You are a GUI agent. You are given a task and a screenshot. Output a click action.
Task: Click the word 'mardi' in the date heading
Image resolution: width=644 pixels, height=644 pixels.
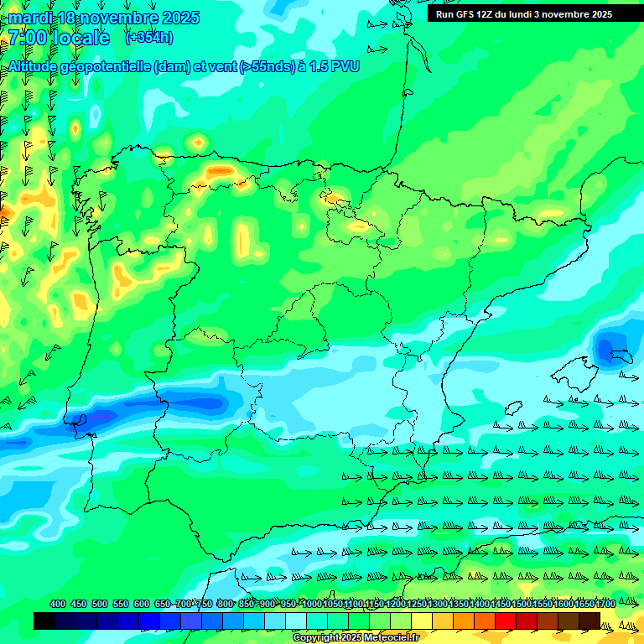coord(30,18)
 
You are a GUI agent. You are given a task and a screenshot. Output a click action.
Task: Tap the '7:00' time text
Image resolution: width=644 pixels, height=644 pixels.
coord(27,38)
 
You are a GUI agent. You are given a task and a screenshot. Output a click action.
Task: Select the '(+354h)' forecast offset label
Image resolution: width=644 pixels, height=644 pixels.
coord(150,38)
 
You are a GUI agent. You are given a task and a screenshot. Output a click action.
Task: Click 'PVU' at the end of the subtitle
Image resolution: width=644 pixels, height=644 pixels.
coord(345,66)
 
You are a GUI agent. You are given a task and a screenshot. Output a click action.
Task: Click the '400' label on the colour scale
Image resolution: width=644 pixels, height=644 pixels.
coord(58,604)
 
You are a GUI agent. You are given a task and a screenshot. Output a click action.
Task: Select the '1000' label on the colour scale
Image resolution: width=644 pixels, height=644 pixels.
coord(312,604)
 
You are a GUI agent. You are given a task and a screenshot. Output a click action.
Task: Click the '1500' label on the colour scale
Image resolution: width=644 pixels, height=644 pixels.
coord(501,604)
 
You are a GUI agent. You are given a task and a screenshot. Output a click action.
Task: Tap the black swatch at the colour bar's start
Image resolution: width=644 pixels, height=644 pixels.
coord(44,621)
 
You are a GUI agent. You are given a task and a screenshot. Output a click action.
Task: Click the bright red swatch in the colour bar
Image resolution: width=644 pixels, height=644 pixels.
coord(506,621)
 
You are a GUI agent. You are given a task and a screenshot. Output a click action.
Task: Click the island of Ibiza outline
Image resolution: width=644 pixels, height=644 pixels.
coord(511,408)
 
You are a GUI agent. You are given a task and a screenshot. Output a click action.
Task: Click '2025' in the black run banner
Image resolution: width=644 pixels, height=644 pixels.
coord(600,14)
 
